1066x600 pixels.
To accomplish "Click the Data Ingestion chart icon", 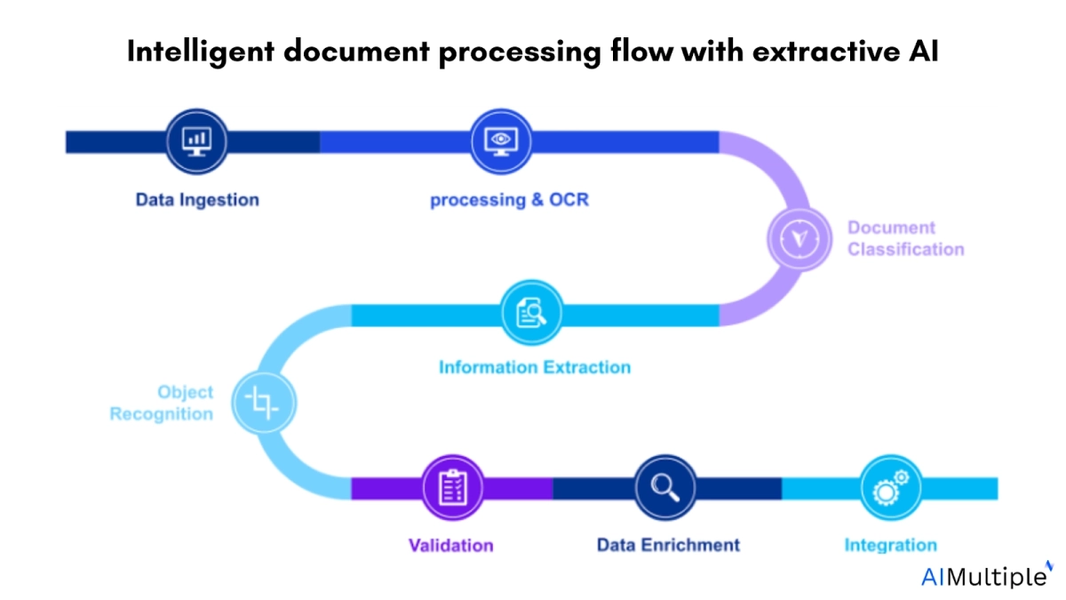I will (x=195, y=141).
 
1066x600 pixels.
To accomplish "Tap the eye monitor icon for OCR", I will (x=500, y=141).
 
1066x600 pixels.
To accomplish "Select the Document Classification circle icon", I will (x=799, y=238).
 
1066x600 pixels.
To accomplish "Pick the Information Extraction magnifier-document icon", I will (x=532, y=313).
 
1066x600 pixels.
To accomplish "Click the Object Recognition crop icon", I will (x=263, y=404).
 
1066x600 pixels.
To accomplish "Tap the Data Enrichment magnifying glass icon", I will (x=665, y=487).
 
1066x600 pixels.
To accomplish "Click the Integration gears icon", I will (x=891, y=487).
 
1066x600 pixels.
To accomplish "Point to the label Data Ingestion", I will (x=197, y=200).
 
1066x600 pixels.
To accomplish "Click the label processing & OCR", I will (x=509, y=200).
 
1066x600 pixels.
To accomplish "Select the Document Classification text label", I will (x=905, y=238).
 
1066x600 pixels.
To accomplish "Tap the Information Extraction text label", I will (x=535, y=367).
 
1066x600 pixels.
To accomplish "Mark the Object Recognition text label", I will (x=162, y=403).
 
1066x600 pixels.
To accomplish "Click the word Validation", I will (x=450, y=545).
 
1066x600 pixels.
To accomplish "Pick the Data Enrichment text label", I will (x=668, y=545).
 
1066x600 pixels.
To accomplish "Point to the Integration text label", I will (x=890, y=545).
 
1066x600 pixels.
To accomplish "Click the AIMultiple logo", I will (x=984, y=576).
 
